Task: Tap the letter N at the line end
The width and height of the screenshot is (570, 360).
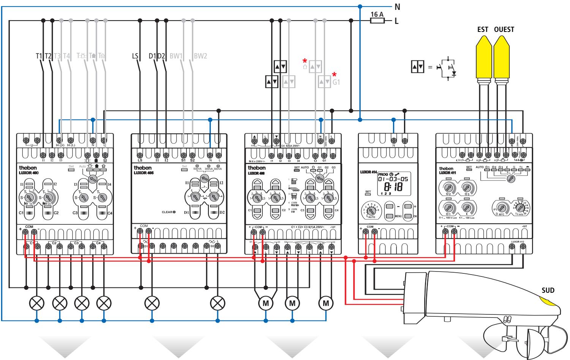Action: tap(398, 6)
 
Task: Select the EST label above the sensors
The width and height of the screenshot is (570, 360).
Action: tap(483, 29)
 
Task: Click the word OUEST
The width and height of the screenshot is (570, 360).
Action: tap(504, 29)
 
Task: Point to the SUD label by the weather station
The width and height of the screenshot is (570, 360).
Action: tap(548, 291)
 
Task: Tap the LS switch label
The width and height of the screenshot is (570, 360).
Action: tap(135, 56)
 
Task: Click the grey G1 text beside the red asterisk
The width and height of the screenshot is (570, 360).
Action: tap(336, 81)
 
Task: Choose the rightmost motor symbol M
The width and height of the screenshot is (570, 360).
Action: tap(325, 303)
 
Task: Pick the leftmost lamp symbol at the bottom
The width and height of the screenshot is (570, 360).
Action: tap(37, 303)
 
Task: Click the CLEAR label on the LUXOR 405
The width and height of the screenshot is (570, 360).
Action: tap(168, 212)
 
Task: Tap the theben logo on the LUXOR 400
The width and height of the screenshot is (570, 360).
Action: tap(26, 167)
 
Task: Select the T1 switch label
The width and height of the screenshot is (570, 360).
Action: tap(39, 56)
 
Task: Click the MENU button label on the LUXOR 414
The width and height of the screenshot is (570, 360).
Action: tap(398, 216)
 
